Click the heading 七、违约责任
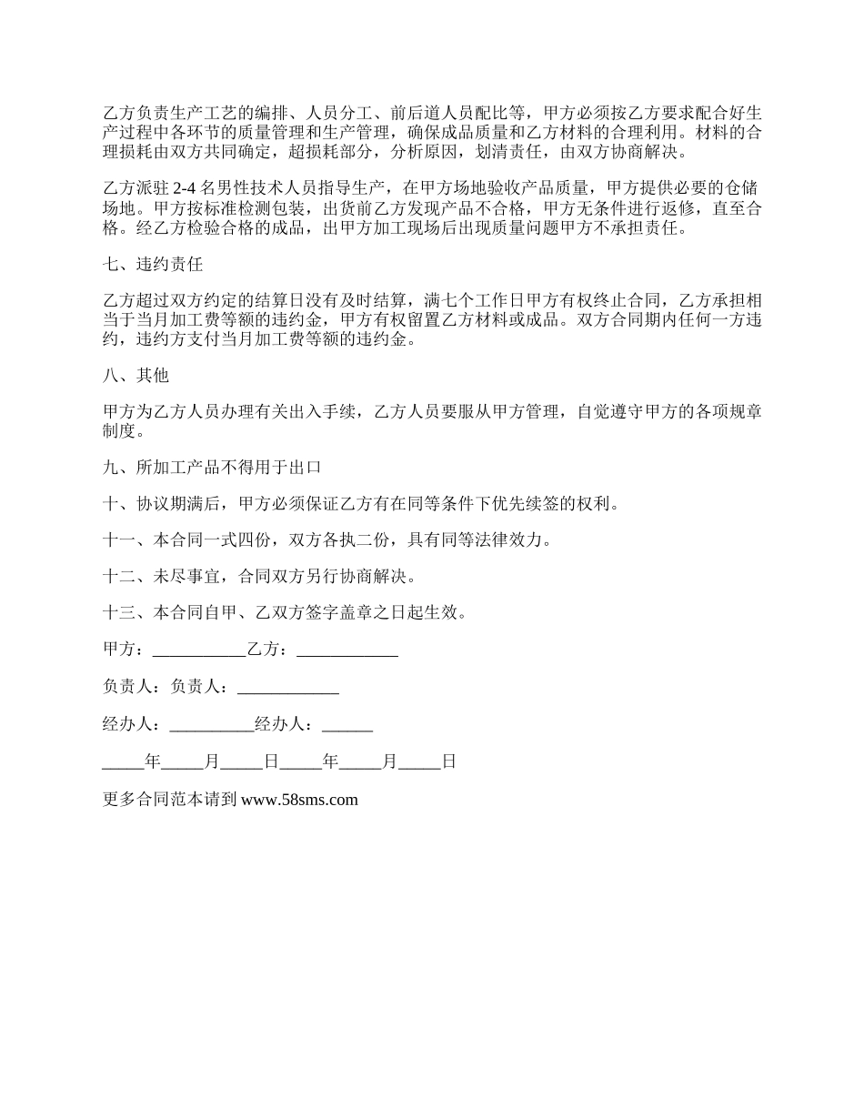point(153,266)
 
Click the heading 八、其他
point(136,375)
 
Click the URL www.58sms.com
point(299,801)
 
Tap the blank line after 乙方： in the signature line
point(347,650)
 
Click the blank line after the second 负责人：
point(287,688)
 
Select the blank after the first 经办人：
point(212,725)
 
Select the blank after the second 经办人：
point(347,725)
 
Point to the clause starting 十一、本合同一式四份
point(327,540)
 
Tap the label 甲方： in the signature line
point(124,650)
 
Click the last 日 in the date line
point(448,762)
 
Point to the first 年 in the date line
point(153,762)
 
